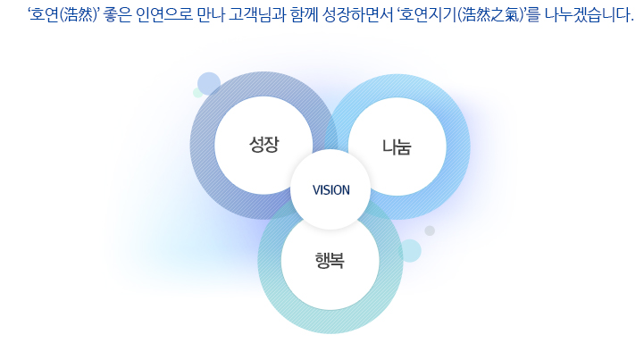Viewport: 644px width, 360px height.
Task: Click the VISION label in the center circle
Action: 331,190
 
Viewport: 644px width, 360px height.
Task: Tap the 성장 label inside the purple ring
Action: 263,145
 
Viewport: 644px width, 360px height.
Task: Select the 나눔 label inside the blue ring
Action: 397,147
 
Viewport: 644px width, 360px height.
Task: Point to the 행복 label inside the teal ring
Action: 330,260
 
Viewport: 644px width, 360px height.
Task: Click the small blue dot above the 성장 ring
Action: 209,84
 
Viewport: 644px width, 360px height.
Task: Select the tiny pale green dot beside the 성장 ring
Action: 198,93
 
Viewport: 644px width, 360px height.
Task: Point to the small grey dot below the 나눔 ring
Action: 430,230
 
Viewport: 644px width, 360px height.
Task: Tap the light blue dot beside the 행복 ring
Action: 409,251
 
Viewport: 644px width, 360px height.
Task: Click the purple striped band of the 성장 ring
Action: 203,145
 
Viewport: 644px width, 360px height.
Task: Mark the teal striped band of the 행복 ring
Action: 330,322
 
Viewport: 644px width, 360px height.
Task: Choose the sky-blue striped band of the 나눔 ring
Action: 457,147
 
